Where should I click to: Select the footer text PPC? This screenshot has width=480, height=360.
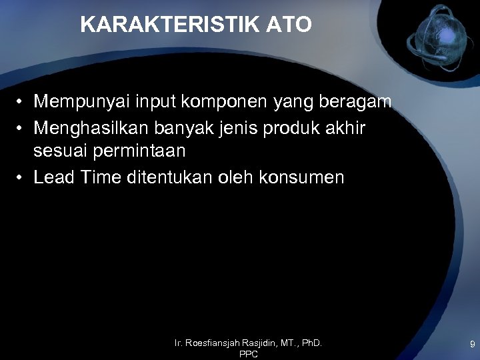click(248, 355)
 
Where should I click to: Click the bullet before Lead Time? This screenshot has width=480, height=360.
click(21, 177)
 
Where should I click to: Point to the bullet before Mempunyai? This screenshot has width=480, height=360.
click(21, 103)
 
